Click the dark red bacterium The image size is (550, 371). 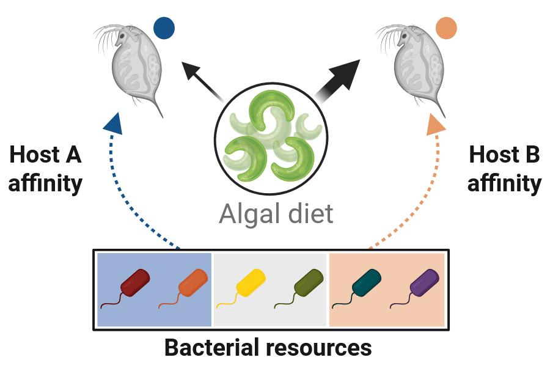point(135,283)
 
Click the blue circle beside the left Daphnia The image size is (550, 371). point(164,28)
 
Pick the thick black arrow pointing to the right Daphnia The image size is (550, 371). point(339,76)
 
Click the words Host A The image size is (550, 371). point(46,155)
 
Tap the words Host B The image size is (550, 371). point(504,155)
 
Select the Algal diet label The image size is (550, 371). point(276,215)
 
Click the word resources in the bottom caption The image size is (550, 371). point(319,348)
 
